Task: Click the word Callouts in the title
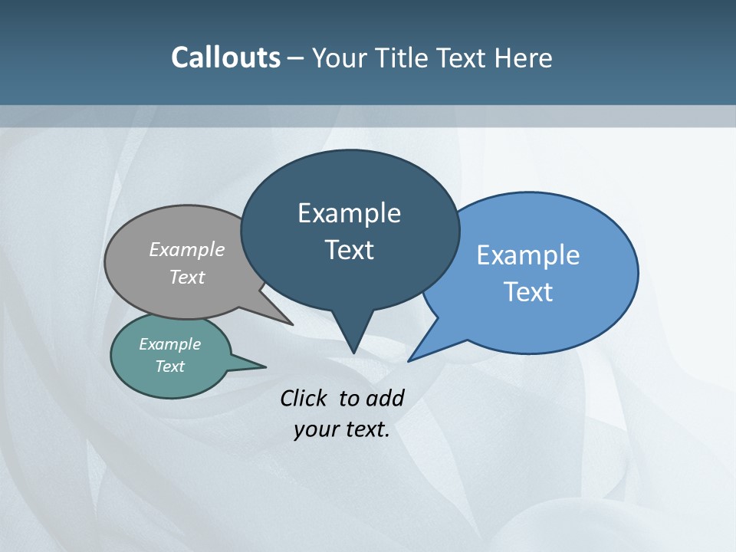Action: tap(225, 58)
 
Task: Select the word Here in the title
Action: tap(523, 58)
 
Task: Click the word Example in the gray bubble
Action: tap(187, 250)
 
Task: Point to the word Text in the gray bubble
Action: tap(187, 277)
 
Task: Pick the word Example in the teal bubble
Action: tap(170, 344)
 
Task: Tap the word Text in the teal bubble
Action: tap(170, 366)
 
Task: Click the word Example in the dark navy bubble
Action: tap(349, 213)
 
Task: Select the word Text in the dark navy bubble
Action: tap(349, 250)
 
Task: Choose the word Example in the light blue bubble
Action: tap(528, 255)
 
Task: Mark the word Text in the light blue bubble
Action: tap(528, 292)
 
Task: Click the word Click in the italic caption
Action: tap(304, 398)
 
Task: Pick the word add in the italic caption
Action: tap(384, 398)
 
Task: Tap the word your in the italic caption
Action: tap(314, 429)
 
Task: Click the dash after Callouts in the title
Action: tap(296, 58)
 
